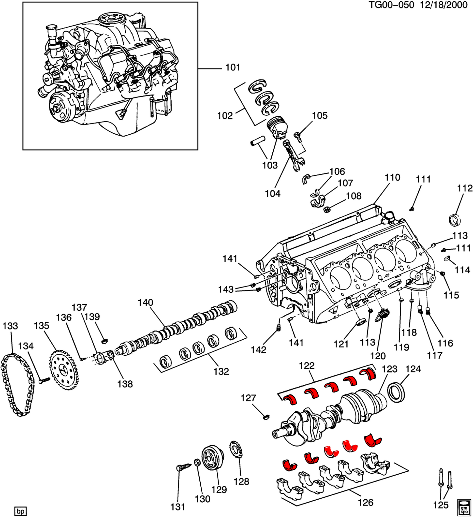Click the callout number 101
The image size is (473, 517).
point(233,67)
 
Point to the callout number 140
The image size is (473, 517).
point(145,302)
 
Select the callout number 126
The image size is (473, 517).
point(365,502)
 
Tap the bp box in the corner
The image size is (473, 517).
point(20,511)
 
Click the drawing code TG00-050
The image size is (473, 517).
point(391,5)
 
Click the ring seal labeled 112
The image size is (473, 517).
point(454,219)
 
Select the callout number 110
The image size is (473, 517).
point(392,177)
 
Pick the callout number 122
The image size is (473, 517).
point(306,366)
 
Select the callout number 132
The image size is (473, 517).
point(221,371)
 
